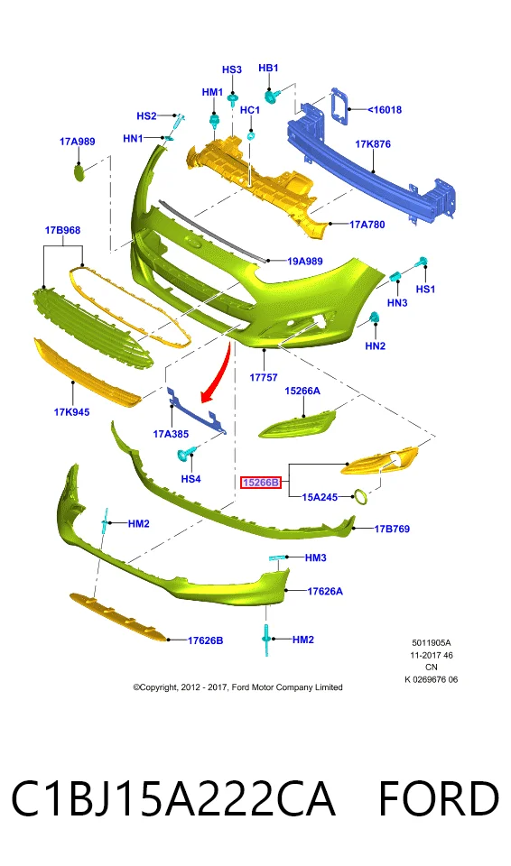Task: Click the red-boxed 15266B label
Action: [x=261, y=483]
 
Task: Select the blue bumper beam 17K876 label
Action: [x=373, y=144]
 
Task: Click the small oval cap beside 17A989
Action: [x=79, y=171]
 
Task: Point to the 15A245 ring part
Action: [x=361, y=496]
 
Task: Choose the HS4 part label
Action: [x=190, y=479]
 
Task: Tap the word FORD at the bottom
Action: [x=439, y=798]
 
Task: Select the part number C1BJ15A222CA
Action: [x=173, y=798]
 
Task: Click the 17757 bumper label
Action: [x=264, y=377]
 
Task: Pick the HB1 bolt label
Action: [x=269, y=68]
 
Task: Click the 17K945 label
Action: [x=71, y=412]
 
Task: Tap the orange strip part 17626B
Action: [x=117, y=617]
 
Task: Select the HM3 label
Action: [x=316, y=557]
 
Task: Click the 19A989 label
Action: [x=305, y=262]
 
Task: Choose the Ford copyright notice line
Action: [x=237, y=687]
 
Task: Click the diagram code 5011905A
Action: [x=432, y=643]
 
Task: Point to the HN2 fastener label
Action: [x=375, y=345]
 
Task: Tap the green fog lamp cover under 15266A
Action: [x=298, y=424]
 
